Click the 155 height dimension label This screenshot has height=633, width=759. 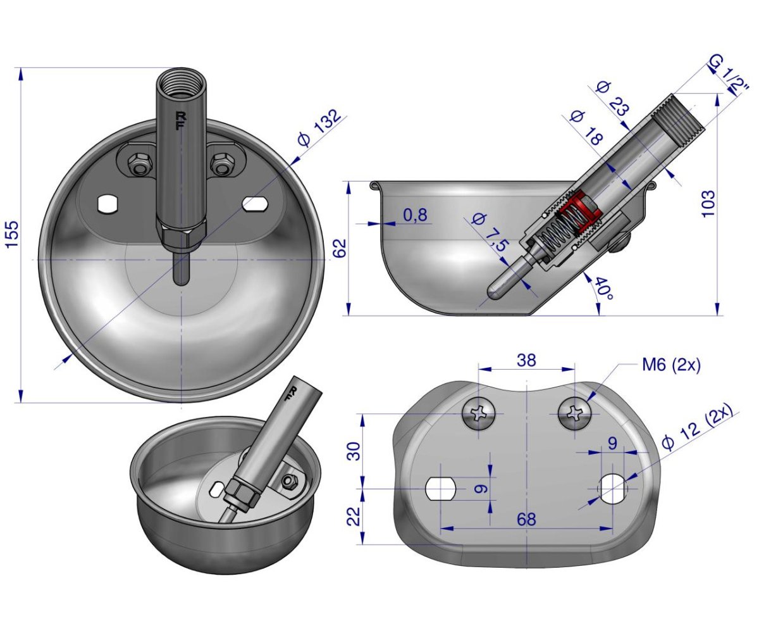click(13, 234)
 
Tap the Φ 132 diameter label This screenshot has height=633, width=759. click(319, 127)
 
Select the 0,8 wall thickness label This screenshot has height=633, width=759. click(415, 215)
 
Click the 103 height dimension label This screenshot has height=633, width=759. click(708, 204)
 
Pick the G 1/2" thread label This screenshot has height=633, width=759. click(728, 76)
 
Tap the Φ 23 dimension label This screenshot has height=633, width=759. click(613, 99)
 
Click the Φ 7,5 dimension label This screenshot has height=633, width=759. click(488, 233)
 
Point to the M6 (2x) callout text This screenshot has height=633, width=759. click(671, 365)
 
